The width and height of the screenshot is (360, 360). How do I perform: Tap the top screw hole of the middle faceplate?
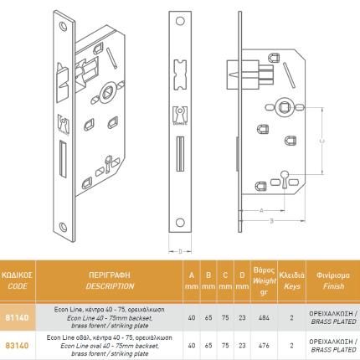pyautogui.click(x=182, y=23)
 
